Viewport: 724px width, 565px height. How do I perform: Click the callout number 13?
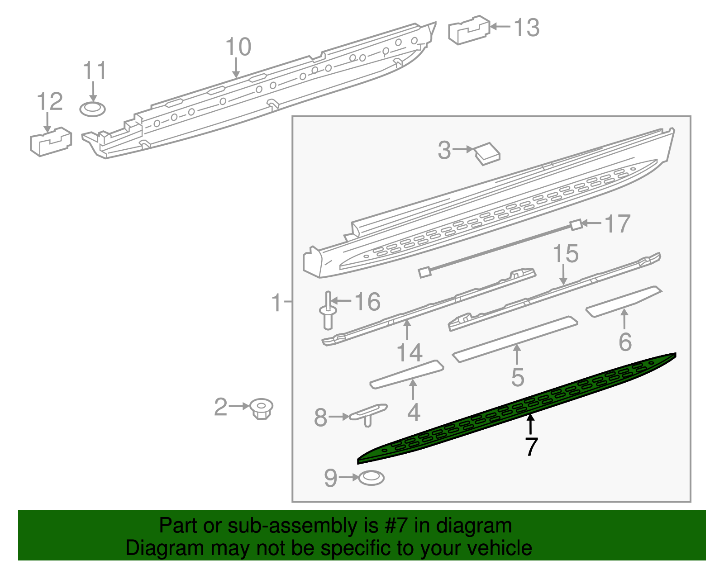click(x=527, y=28)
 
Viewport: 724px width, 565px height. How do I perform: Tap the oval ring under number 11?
click(x=92, y=109)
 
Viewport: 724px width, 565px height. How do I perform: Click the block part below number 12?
click(x=51, y=141)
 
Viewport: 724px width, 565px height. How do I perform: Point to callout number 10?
click(x=238, y=47)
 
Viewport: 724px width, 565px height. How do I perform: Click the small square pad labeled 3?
click(x=487, y=153)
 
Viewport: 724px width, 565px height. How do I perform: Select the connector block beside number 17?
click(x=576, y=224)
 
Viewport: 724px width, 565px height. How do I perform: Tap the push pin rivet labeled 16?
click(x=328, y=312)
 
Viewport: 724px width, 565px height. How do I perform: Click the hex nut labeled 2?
click(x=262, y=408)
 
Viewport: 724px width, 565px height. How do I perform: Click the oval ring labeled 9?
click(x=371, y=478)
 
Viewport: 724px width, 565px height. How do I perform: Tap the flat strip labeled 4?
click(x=406, y=374)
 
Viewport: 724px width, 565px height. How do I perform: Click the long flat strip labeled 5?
click(x=515, y=339)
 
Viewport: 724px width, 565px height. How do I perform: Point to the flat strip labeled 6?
click(x=624, y=301)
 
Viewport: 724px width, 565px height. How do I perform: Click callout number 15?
click(x=566, y=254)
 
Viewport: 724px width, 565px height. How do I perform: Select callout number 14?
click(x=410, y=352)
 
